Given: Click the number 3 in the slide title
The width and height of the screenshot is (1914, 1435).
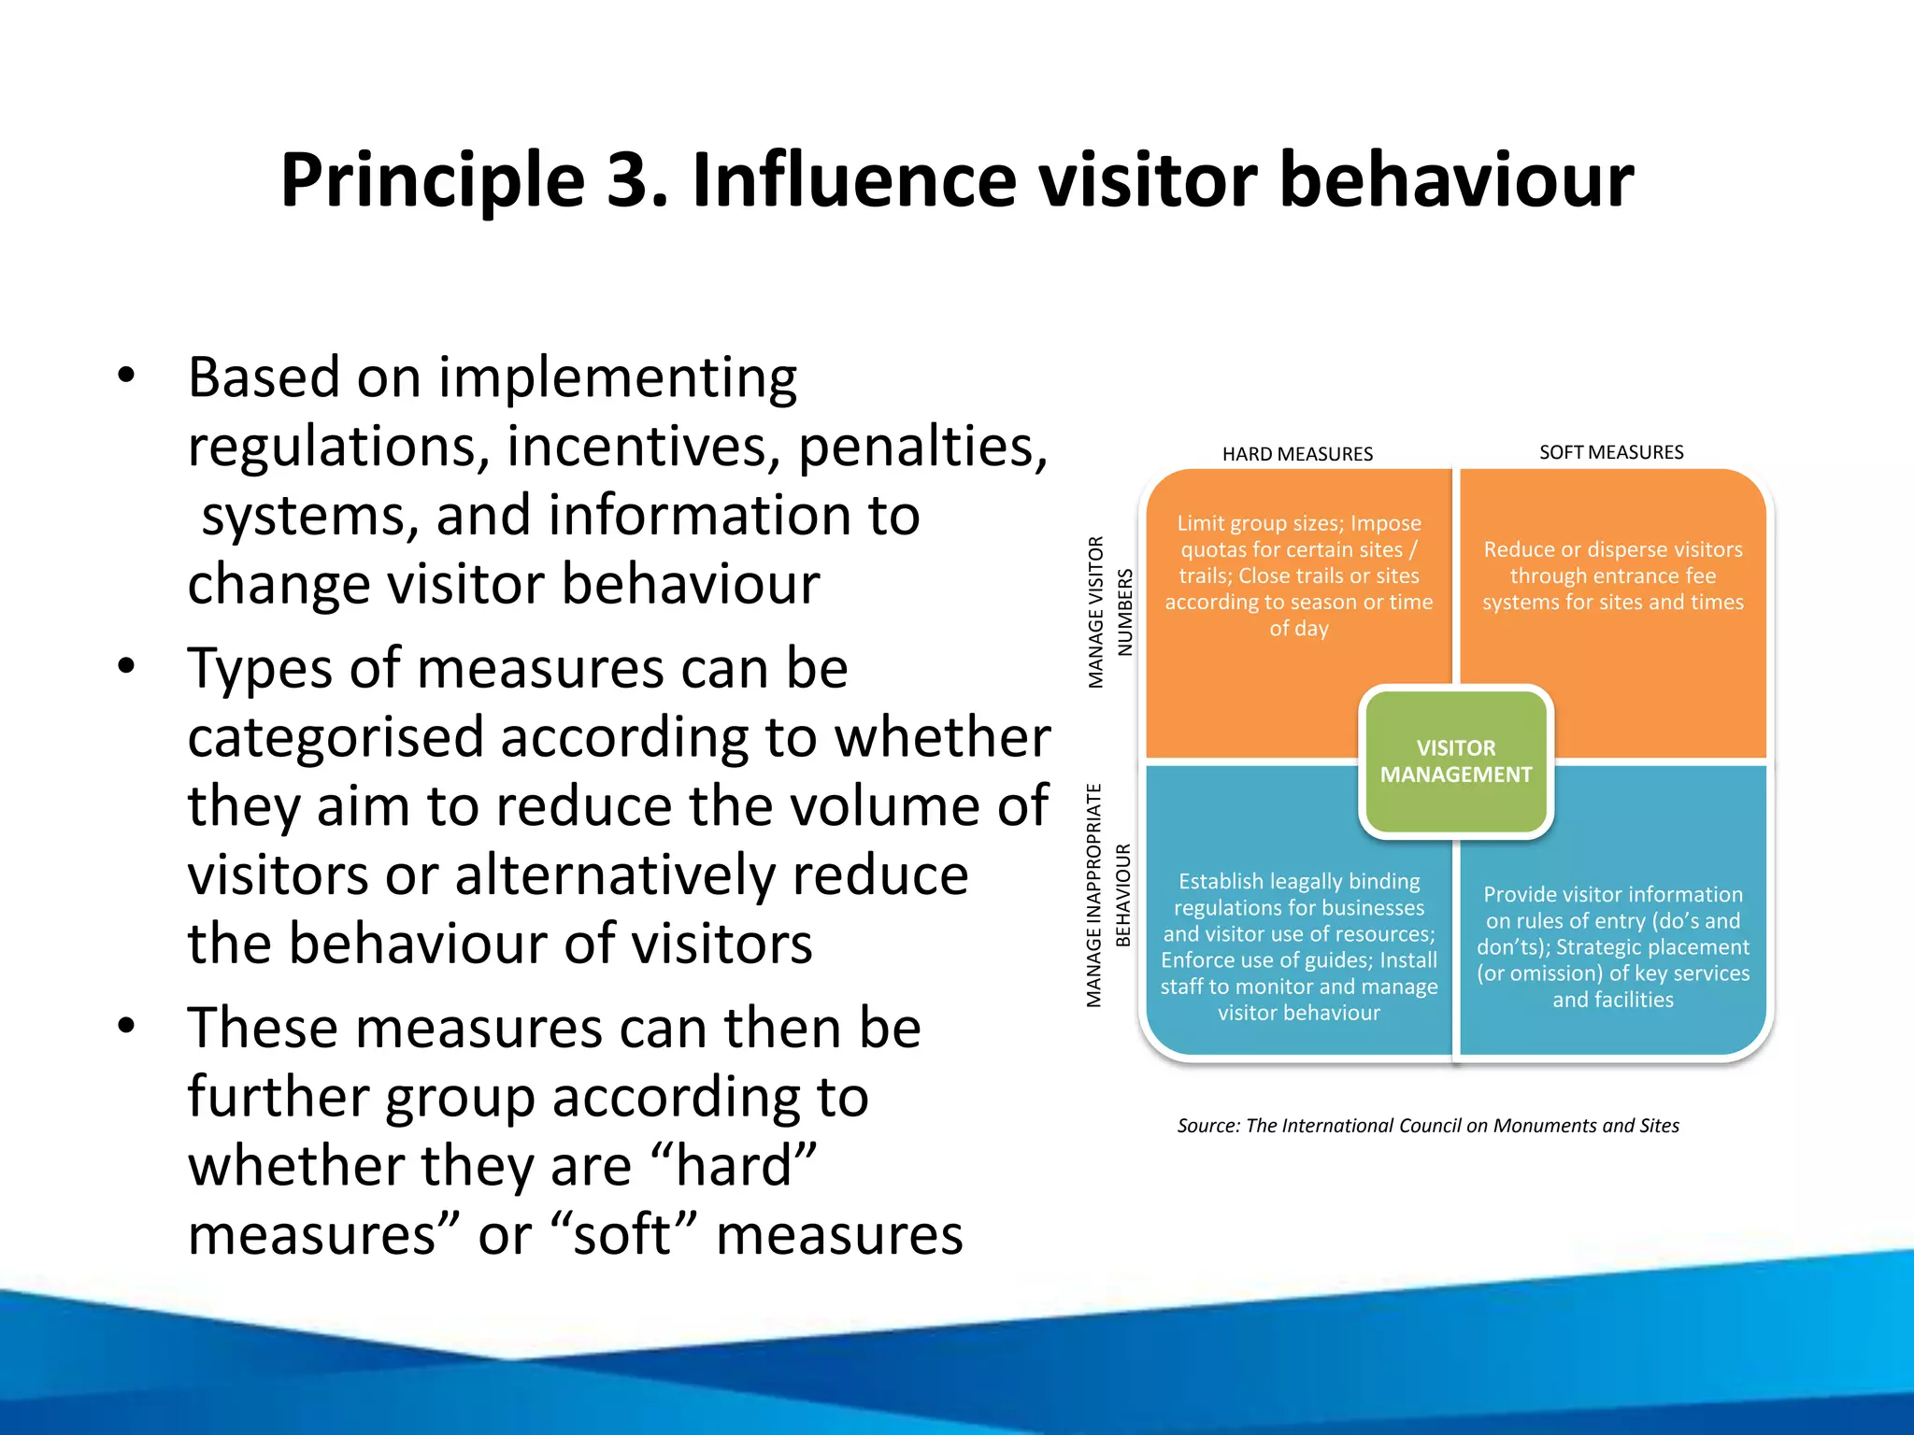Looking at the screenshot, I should click(x=629, y=180).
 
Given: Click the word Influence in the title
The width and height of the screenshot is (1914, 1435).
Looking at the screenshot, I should click(x=853, y=180).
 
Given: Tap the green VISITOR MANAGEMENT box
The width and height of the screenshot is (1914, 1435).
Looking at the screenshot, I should click(x=1455, y=761).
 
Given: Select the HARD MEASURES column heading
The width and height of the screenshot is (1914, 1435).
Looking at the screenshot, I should click(x=1297, y=454).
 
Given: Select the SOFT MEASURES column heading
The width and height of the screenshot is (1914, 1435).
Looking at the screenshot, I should click(x=1611, y=452).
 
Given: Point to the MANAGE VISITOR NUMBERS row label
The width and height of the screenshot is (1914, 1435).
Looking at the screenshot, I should click(x=1110, y=613).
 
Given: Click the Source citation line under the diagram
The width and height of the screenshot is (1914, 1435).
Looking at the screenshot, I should click(x=1427, y=1126).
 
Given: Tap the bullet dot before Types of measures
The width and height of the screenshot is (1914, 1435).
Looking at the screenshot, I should click(x=127, y=666).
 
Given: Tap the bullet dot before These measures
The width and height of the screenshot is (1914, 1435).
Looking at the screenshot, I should click(x=127, y=1026).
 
